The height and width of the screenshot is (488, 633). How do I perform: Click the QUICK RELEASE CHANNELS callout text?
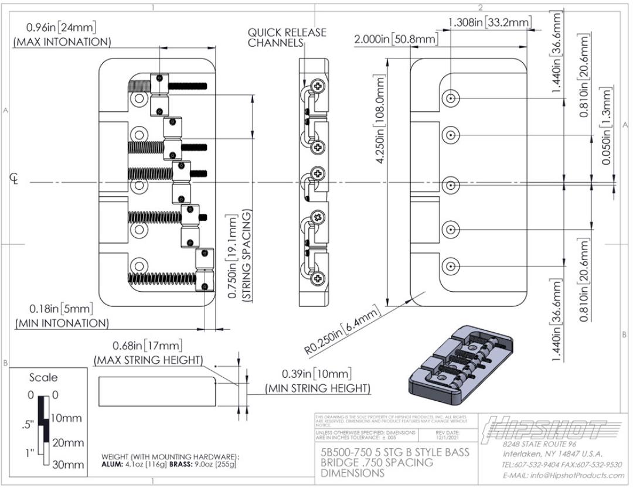[287, 37]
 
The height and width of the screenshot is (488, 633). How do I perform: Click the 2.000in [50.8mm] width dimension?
[396, 39]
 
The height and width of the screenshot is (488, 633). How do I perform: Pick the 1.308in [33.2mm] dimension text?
[489, 23]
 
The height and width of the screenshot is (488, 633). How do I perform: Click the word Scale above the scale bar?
[44, 377]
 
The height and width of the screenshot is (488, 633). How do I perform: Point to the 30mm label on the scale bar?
[68, 465]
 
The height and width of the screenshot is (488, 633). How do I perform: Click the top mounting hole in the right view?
[450, 98]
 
